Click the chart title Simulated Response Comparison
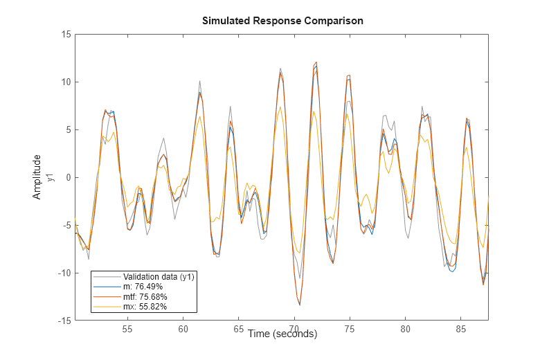[282, 21]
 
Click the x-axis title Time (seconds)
[282, 334]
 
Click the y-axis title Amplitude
[37, 177]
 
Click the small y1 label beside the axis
[51, 177]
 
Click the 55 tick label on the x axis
[127, 330]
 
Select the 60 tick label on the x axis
[183, 330]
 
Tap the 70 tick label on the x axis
[294, 330]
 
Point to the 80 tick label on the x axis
[406, 330]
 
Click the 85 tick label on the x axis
[461, 330]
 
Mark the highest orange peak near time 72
[316, 62]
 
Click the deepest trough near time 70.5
[300, 305]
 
